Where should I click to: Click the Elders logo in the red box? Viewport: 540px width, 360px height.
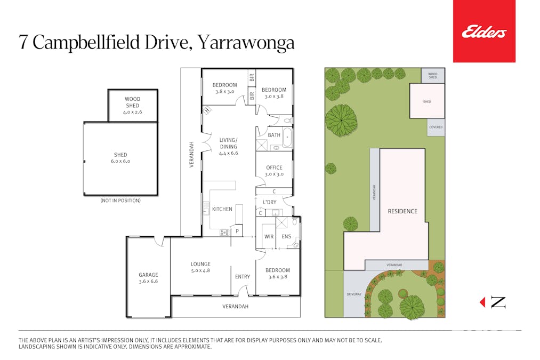click(483, 33)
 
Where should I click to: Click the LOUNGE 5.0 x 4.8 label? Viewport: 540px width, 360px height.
click(200, 267)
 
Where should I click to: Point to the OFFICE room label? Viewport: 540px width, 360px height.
click(274, 171)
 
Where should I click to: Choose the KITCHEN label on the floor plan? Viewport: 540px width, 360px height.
click(222, 209)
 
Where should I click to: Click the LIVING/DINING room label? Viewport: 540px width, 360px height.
click(228, 146)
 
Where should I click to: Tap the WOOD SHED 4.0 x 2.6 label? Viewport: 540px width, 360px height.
click(132, 105)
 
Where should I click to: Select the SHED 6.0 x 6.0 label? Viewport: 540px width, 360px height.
click(120, 158)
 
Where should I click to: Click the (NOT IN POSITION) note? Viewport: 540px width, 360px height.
click(120, 201)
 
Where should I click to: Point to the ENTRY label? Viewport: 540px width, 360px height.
click(243, 277)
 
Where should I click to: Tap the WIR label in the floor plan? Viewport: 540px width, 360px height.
click(269, 236)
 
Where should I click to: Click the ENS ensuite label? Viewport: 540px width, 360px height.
click(286, 236)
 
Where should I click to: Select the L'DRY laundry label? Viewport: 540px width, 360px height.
click(270, 202)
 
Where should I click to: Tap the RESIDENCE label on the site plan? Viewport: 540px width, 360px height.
click(402, 211)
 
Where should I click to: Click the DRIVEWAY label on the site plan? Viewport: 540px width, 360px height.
click(354, 294)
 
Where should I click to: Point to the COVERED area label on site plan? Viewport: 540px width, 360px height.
click(436, 127)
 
